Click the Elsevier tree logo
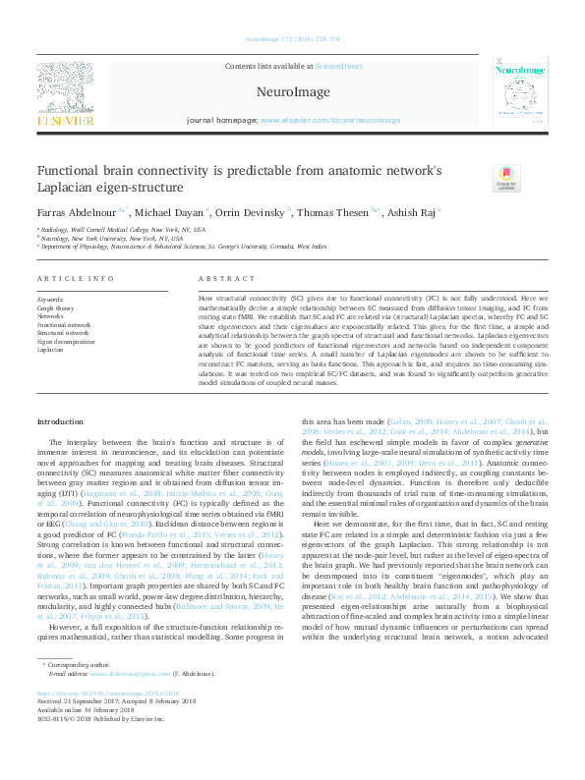(x=66, y=87)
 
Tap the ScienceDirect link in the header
(x=338, y=66)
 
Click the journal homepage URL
(x=330, y=120)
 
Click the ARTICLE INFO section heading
(x=76, y=279)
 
